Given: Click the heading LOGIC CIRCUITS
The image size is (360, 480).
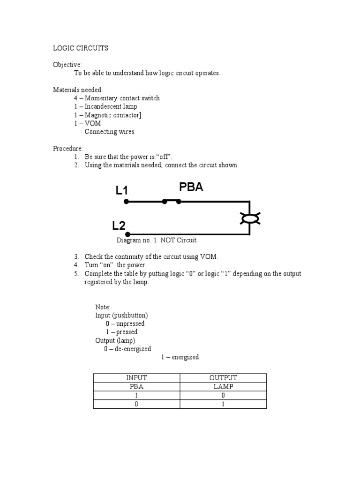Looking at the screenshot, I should (x=80, y=48).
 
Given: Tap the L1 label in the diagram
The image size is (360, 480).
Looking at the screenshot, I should (x=122, y=190).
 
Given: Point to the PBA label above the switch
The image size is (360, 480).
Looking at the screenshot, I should (x=191, y=187).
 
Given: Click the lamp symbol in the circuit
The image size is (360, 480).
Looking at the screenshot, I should (x=250, y=218).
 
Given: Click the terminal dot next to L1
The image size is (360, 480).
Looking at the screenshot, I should (x=126, y=202).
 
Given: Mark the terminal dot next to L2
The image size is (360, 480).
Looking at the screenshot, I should (x=127, y=234).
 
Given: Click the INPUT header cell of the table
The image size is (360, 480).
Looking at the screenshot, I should (x=136, y=378).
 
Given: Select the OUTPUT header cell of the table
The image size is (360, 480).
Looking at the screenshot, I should (x=223, y=378).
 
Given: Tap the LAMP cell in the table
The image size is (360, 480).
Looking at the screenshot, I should (x=223, y=387).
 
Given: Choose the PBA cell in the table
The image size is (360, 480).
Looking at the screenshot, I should (x=136, y=387).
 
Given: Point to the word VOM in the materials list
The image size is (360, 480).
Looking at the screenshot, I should (x=93, y=123).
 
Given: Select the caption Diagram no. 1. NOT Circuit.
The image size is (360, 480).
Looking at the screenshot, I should (x=157, y=240).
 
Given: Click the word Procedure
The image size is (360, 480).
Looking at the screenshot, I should (x=67, y=149).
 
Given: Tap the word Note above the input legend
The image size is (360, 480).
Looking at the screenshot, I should (x=103, y=307).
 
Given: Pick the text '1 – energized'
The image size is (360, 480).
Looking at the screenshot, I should (x=180, y=357).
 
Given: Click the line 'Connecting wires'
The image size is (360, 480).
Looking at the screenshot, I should (x=109, y=132).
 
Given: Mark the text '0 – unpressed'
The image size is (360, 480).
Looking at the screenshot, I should (x=125, y=323).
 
